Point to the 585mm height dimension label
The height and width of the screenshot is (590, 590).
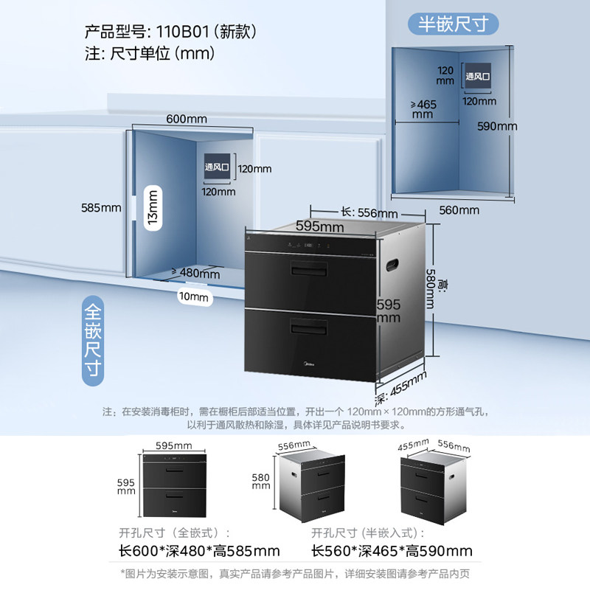(101, 208)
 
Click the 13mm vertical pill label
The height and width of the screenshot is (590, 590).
(153, 209)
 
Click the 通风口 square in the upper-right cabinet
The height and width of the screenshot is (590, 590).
(477, 76)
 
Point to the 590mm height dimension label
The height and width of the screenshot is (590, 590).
(496, 126)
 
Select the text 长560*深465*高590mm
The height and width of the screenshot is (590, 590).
(392, 550)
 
